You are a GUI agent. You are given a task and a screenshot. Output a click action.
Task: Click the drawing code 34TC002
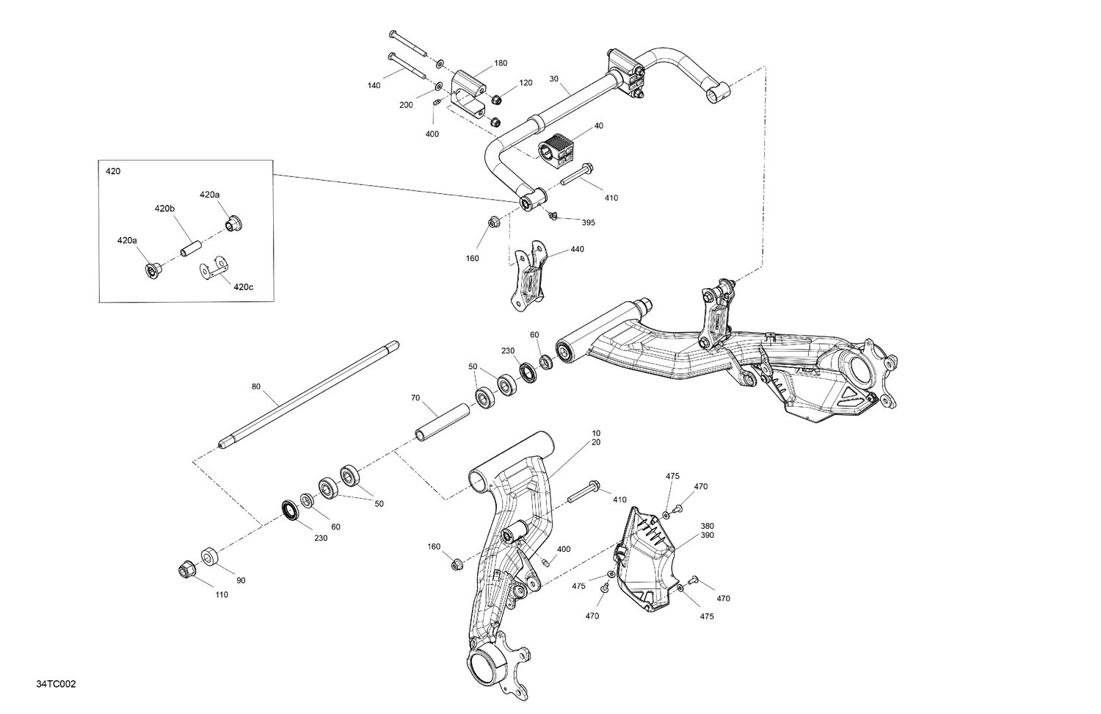56,684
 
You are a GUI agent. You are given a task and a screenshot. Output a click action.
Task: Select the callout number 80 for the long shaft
255,386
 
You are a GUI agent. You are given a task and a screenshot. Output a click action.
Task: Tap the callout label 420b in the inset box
164,209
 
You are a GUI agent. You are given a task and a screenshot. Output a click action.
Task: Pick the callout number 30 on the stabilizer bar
553,79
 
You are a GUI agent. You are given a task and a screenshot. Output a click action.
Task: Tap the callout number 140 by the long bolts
374,86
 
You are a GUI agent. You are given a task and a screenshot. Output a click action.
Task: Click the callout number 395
588,223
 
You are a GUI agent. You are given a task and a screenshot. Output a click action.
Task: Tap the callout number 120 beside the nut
526,83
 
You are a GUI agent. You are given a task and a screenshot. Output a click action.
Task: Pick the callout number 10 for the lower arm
595,433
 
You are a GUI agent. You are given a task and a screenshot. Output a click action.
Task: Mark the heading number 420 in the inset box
113,171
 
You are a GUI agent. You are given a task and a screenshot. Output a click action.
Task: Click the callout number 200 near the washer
406,105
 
